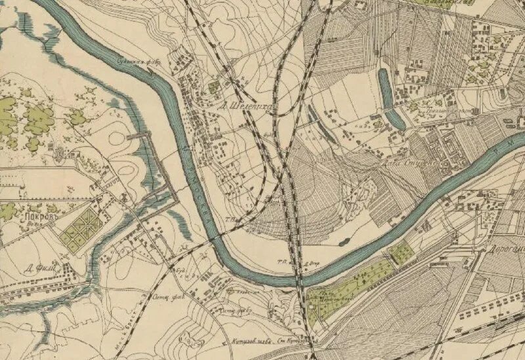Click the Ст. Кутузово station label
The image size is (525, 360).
pos(294,340)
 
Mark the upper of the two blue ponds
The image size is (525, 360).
pos(385,87)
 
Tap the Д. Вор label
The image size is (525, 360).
pos(312,264)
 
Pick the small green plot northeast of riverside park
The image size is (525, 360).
pos(400,252)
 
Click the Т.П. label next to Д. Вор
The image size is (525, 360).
pos(284,261)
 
